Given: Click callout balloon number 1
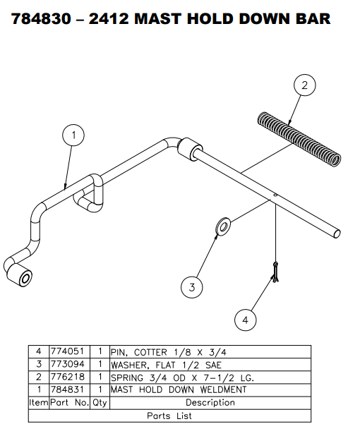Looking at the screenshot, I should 73,134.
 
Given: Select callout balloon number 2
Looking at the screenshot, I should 304,86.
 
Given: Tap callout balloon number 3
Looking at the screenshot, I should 191,286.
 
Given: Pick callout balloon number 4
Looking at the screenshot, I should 245,320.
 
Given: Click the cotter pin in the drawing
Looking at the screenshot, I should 276,272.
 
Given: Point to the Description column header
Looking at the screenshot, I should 210,403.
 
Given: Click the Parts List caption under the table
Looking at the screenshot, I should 169,416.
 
